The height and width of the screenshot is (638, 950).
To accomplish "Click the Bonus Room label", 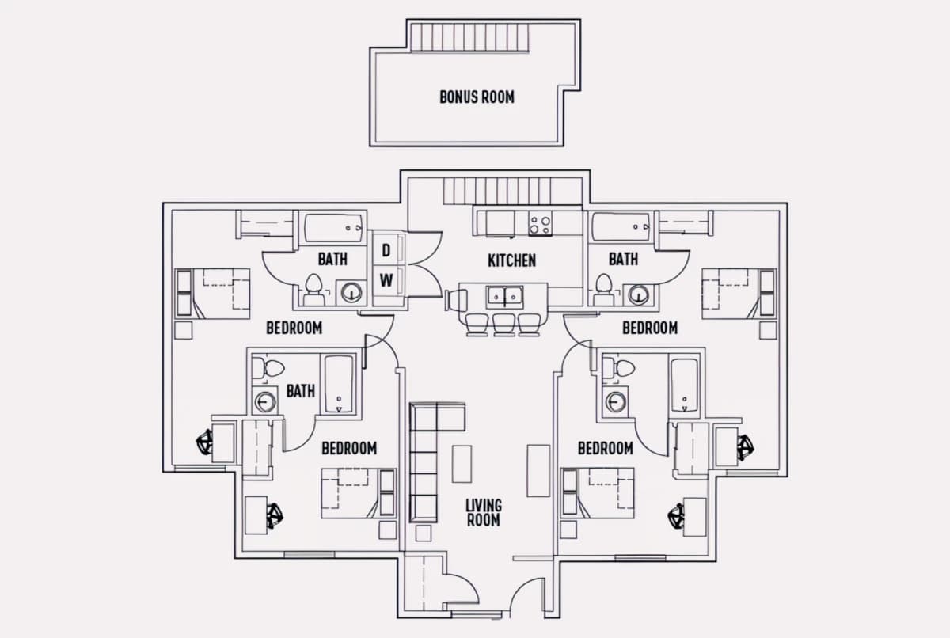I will (x=477, y=97).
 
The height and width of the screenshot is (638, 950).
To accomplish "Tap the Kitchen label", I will (x=511, y=260).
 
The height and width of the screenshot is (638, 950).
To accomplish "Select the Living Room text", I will (x=483, y=512).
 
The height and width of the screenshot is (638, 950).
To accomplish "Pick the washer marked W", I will (x=386, y=279).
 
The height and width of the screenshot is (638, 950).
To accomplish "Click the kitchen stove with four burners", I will (x=540, y=224).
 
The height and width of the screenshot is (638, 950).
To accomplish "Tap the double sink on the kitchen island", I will (x=503, y=297).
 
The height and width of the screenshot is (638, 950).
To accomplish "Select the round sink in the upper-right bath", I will (x=638, y=295).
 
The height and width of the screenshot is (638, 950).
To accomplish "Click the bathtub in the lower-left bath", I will (x=339, y=384).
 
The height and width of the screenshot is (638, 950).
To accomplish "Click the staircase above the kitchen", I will (x=496, y=192).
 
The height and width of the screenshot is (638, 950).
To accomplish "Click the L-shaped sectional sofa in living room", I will (x=427, y=459).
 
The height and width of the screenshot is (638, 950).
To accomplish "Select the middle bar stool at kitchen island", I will (x=503, y=324).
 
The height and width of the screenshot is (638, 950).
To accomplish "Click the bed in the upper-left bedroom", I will (x=213, y=293).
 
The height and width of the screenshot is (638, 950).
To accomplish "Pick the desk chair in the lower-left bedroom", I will (x=274, y=515).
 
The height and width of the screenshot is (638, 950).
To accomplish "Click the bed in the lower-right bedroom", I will (x=597, y=492).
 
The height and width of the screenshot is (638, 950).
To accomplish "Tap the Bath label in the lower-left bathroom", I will (x=300, y=390).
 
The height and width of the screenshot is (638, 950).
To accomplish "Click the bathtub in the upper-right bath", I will (x=621, y=227).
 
